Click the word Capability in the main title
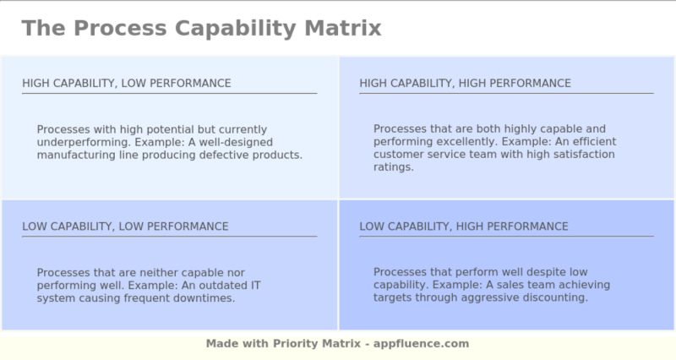(x=222, y=28)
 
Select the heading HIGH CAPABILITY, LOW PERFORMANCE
(x=126, y=83)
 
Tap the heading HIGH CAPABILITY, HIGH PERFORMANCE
(x=465, y=83)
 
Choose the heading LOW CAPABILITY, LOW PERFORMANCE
(x=125, y=226)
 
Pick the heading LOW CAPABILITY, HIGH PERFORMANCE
(x=463, y=226)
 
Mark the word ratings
(x=393, y=167)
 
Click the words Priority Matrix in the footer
(x=319, y=344)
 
